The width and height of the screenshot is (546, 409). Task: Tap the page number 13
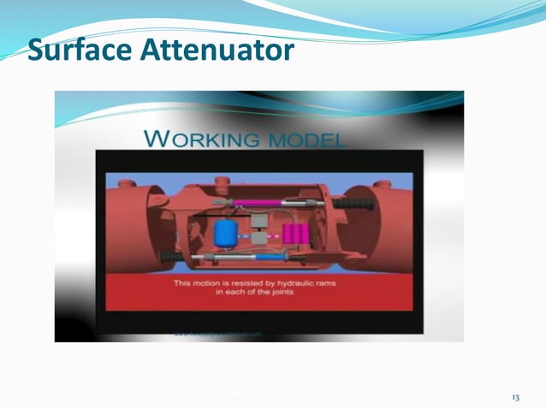point(515,398)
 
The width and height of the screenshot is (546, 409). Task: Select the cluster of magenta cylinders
point(295,232)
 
